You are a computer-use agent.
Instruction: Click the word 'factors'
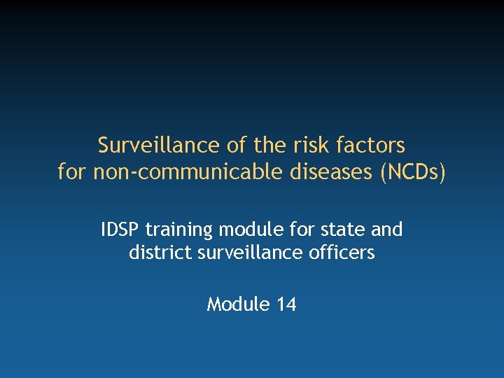(371, 146)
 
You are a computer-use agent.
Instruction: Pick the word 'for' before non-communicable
(71, 172)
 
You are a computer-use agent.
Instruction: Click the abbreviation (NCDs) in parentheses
(412, 172)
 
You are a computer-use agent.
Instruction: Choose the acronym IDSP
(120, 230)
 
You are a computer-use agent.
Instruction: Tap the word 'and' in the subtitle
(388, 230)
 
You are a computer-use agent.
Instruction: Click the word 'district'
(157, 252)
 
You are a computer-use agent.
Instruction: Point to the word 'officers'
(342, 252)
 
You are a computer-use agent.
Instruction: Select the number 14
(286, 304)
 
